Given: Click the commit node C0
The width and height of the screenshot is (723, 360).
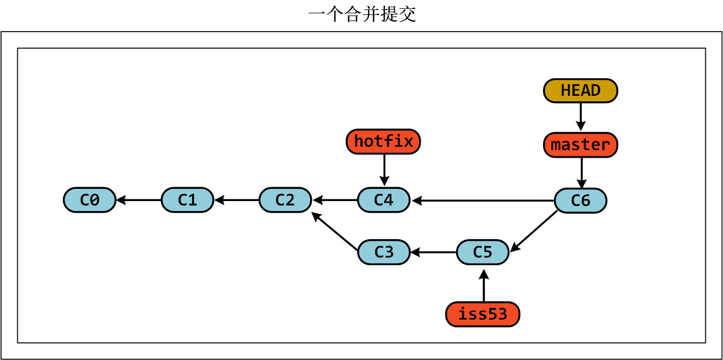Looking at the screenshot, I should pyautogui.click(x=90, y=200).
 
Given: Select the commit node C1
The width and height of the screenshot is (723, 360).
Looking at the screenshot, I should pyautogui.click(x=187, y=200).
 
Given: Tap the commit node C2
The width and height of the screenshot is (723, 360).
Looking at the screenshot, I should pyautogui.click(x=285, y=200).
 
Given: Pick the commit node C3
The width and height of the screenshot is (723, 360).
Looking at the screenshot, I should pyautogui.click(x=384, y=252).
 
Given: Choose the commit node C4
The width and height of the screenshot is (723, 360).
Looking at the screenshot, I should pyautogui.click(x=384, y=200).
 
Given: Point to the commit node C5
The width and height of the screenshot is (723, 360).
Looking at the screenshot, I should pyautogui.click(x=482, y=252).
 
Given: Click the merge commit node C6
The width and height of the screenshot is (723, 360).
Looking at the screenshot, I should pyautogui.click(x=580, y=200).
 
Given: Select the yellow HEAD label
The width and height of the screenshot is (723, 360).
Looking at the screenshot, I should pyautogui.click(x=580, y=91).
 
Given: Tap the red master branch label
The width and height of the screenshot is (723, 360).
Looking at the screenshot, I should pyautogui.click(x=580, y=145).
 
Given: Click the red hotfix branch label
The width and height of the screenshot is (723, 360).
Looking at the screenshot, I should pyautogui.click(x=384, y=142).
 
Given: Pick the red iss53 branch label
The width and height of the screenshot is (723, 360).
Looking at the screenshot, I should pyautogui.click(x=483, y=315).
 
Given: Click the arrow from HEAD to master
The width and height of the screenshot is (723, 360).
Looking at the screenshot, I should pyautogui.click(x=580, y=117).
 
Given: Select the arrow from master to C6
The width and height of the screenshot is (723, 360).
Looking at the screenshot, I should pyautogui.click(x=581, y=173).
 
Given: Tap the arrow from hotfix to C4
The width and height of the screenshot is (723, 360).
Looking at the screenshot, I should pyautogui.click(x=384, y=169).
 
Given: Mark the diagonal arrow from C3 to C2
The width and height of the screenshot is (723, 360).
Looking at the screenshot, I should pyautogui.click(x=335, y=232).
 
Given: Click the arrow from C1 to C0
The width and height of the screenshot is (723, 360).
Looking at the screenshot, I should pyautogui.click(x=138, y=200).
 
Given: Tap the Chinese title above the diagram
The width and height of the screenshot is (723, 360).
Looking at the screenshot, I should pyautogui.click(x=362, y=14).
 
